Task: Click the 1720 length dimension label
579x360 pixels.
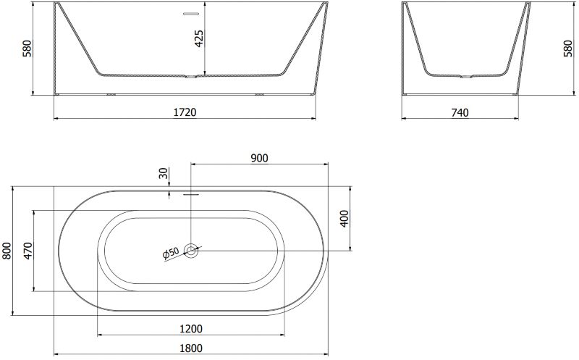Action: pyautogui.click(x=185, y=112)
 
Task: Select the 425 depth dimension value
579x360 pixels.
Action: pyautogui.click(x=198, y=38)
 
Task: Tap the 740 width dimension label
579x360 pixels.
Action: pyautogui.click(x=460, y=112)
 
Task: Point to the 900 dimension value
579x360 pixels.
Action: pyautogui.click(x=259, y=158)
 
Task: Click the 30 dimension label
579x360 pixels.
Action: pyautogui.click(x=164, y=173)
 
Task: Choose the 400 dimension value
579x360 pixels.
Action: pyautogui.click(x=345, y=219)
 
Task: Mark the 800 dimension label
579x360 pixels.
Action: pyautogui.click(x=7, y=251)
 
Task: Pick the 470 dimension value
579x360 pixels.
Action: pyautogui.click(x=28, y=251)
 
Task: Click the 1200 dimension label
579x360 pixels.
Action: pyautogui.click(x=191, y=329)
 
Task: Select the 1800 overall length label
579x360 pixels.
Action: pyautogui.click(x=191, y=348)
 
